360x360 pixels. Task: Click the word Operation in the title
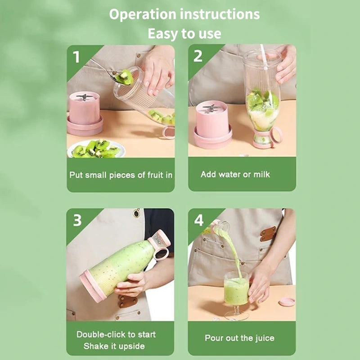[x=143, y=14]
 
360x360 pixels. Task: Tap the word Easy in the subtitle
[x=163, y=33]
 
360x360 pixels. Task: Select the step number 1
[x=76, y=57]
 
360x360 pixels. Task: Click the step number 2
[x=198, y=56]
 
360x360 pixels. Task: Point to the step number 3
[x=77, y=220]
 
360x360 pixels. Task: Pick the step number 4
[x=199, y=220]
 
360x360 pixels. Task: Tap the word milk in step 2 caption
[x=262, y=175]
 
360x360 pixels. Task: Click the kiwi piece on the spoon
[x=124, y=77]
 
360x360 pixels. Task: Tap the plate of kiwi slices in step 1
[x=96, y=149]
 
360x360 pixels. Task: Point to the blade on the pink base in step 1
[x=85, y=97]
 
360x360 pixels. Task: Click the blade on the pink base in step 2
[x=210, y=108]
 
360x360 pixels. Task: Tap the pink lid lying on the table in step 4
[x=287, y=302]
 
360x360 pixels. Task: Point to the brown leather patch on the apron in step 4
[x=268, y=234]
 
